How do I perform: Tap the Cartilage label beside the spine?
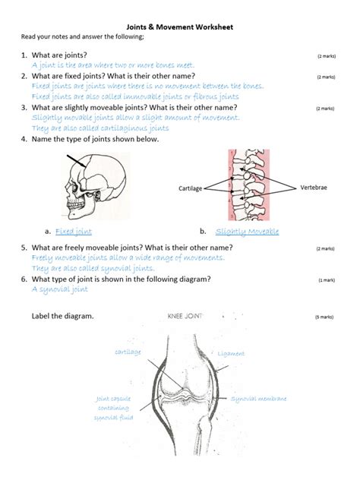point(190,188)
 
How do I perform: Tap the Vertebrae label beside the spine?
point(314,187)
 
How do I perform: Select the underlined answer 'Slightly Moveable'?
point(247,232)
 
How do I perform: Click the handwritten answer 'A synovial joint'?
point(60,289)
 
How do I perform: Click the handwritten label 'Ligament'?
point(231,354)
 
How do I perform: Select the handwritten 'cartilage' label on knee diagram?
point(128,352)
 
